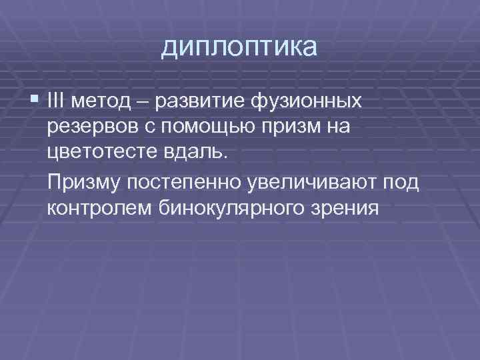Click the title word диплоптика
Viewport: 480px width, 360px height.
240,48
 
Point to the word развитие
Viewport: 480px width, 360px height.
198,102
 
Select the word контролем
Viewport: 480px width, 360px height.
100,207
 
